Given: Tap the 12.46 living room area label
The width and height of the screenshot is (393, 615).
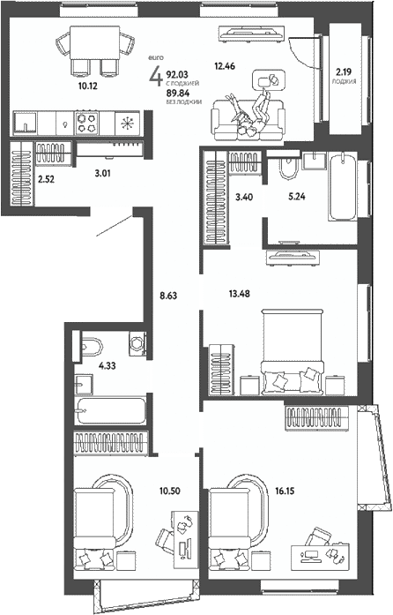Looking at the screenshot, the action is coord(225,66).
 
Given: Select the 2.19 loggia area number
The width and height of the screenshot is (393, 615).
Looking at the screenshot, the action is coord(344,71).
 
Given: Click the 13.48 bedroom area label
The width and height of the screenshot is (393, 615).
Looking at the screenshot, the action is coord(240,293).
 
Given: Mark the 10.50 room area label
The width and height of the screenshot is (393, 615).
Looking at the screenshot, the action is coord(170,491).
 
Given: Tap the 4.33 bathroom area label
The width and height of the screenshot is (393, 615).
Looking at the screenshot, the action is coord(108,366).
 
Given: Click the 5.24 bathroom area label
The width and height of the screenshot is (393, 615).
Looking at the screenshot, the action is coord(297,197).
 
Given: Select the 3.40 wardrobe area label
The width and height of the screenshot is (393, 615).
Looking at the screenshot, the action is coord(244,197).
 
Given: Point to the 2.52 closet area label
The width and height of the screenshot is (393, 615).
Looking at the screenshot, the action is coord(46,180).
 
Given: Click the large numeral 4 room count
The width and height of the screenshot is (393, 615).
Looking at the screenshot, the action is coord(156,75).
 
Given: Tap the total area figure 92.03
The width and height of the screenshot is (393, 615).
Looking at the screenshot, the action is coord(177,74).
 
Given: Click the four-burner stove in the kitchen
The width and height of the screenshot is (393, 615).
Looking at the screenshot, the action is coord(87,122).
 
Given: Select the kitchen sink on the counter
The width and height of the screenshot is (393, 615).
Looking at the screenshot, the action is coord(26,123).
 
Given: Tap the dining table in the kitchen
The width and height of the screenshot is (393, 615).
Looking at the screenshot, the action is coord(95,43).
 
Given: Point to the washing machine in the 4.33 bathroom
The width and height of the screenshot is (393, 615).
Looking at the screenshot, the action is coord(137,344).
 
